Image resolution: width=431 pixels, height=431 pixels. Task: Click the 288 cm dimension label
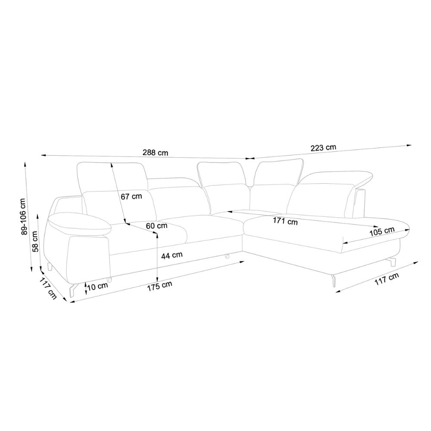(155, 152)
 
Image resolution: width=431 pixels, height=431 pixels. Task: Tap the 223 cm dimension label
(323, 148)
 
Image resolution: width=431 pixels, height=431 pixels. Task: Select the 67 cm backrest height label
(131, 196)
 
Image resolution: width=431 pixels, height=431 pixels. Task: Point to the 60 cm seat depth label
(156, 226)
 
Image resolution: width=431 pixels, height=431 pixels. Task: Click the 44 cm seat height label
(172, 255)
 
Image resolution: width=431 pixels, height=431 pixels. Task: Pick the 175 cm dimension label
(160, 286)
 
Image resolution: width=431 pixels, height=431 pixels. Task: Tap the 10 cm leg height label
(98, 286)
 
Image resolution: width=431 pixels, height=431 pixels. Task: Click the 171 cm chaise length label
(285, 221)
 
